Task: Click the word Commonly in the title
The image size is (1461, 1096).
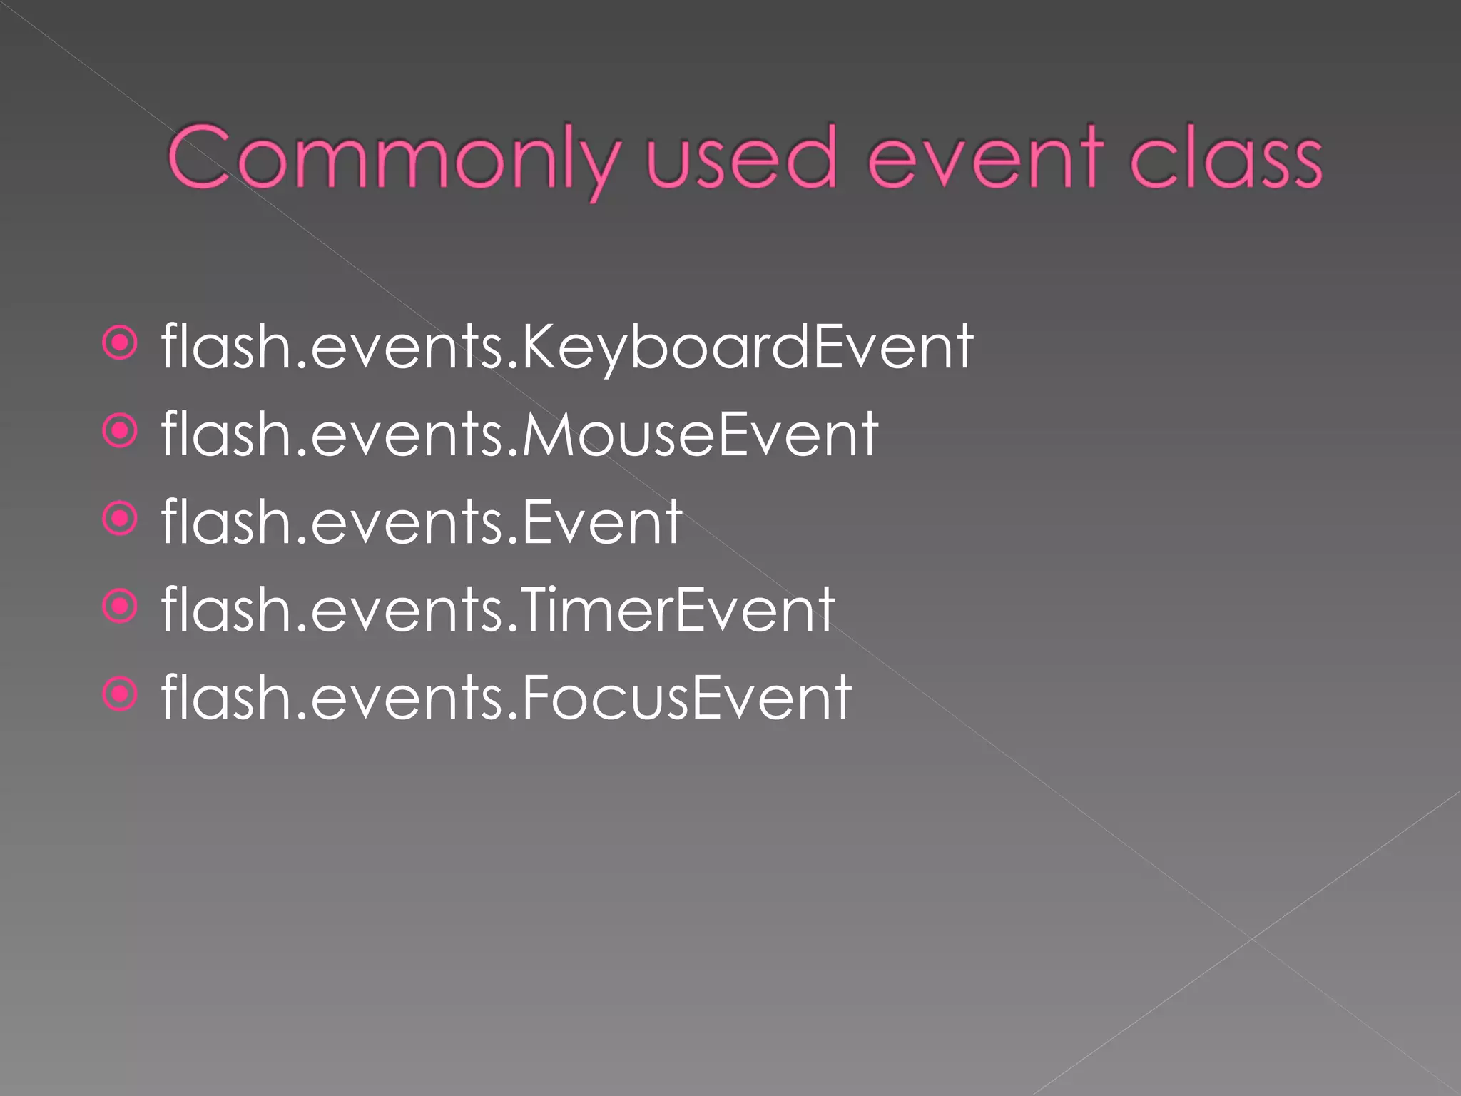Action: [392, 158]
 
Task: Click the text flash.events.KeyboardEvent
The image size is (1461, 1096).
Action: [567, 347]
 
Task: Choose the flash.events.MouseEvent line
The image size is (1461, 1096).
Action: [519, 435]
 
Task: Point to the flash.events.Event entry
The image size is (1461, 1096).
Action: [422, 522]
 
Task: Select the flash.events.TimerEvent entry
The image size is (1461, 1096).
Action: [498, 610]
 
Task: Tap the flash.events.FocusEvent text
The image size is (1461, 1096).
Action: [506, 698]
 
